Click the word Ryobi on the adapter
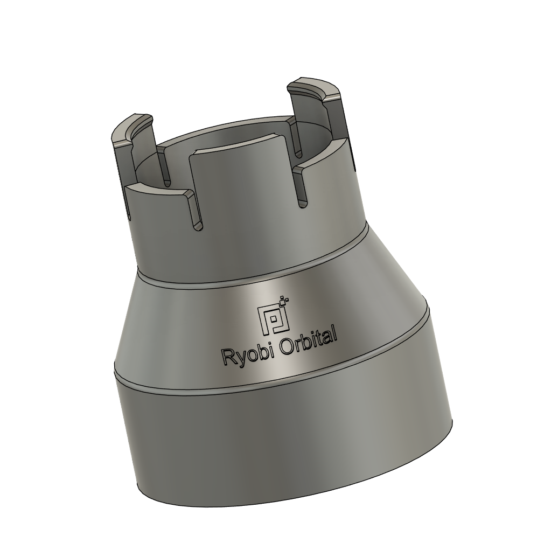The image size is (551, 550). click(x=242, y=354)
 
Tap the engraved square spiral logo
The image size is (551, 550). click(x=273, y=320)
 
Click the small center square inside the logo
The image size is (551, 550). click(x=274, y=321)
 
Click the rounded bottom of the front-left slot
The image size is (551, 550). click(x=198, y=226)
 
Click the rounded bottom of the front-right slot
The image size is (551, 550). click(x=302, y=202)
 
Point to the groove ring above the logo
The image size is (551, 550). click(x=253, y=283)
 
